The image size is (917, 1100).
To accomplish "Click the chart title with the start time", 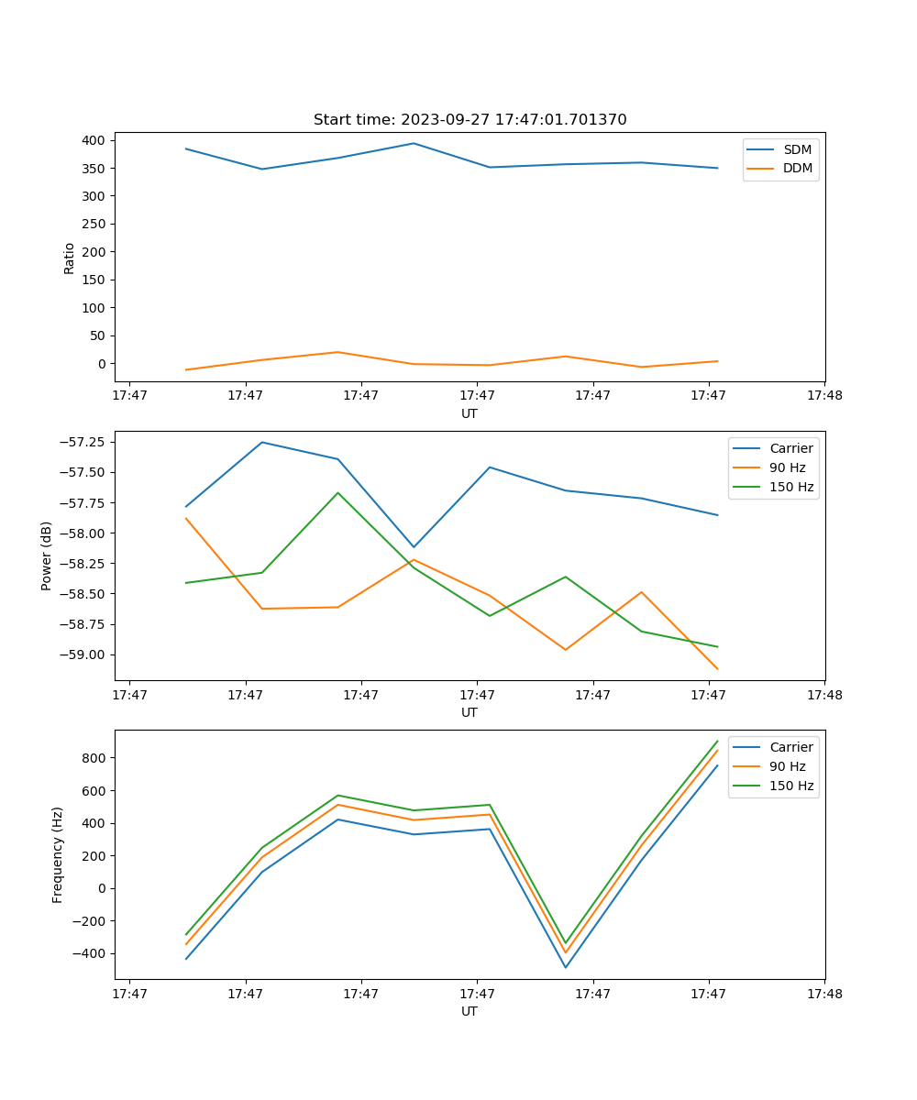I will [x=470, y=120].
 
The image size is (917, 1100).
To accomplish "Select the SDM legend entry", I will [x=797, y=149].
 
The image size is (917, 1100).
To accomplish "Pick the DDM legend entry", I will [x=798, y=168].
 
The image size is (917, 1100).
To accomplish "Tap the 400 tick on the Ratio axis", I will [x=94, y=140].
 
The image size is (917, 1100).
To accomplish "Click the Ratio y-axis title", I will [x=69, y=258].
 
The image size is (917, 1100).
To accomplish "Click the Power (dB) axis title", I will [x=47, y=555].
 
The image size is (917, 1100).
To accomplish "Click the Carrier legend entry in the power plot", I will [x=790, y=449].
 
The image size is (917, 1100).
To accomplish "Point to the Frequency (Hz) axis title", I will [x=58, y=854].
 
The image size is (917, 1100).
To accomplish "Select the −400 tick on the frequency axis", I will [x=89, y=953].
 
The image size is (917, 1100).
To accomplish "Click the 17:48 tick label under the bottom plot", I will [x=823, y=993].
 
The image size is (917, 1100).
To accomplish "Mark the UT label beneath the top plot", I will [x=470, y=413].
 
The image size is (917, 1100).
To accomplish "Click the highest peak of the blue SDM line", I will [x=414, y=143].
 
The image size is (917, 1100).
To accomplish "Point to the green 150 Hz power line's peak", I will [x=337, y=493].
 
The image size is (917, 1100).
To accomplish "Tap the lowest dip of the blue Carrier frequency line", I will [x=566, y=967].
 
